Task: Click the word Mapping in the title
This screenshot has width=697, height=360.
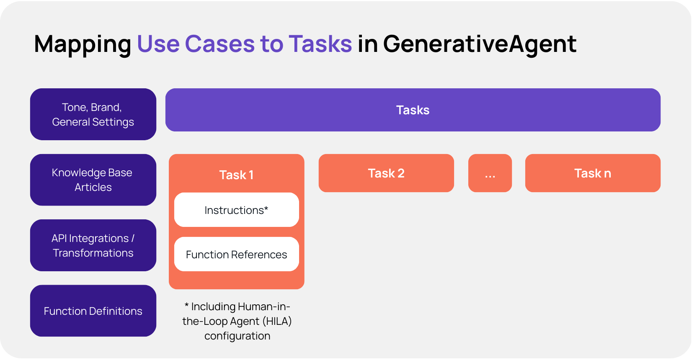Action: (x=83, y=44)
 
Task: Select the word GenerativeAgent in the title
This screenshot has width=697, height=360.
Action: (x=480, y=44)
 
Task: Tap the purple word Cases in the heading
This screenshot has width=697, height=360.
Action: (x=219, y=44)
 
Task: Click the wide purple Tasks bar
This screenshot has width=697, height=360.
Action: (x=413, y=110)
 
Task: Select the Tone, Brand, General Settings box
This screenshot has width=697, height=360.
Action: (x=93, y=114)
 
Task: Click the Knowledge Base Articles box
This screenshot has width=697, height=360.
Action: (x=93, y=180)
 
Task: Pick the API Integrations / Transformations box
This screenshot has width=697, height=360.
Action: (x=93, y=245)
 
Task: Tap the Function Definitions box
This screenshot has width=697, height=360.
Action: (x=93, y=311)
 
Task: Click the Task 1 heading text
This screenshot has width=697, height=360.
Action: (x=236, y=175)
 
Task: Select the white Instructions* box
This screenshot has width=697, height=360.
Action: (x=236, y=210)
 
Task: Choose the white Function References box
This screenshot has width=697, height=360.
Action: (x=236, y=255)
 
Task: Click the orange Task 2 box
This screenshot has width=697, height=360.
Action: (x=386, y=173)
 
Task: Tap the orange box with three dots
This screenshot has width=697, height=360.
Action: (x=490, y=173)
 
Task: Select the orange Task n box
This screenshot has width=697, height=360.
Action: (x=592, y=173)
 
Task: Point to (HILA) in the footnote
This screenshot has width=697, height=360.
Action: (x=277, y=321)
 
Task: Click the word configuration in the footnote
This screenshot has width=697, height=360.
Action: (x=237, y=336)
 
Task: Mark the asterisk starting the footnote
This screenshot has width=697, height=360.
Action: (x=186, y=306)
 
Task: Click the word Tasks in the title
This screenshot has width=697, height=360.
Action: (x=320, y=44)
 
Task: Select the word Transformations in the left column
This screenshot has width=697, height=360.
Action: (x=93, y=253)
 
